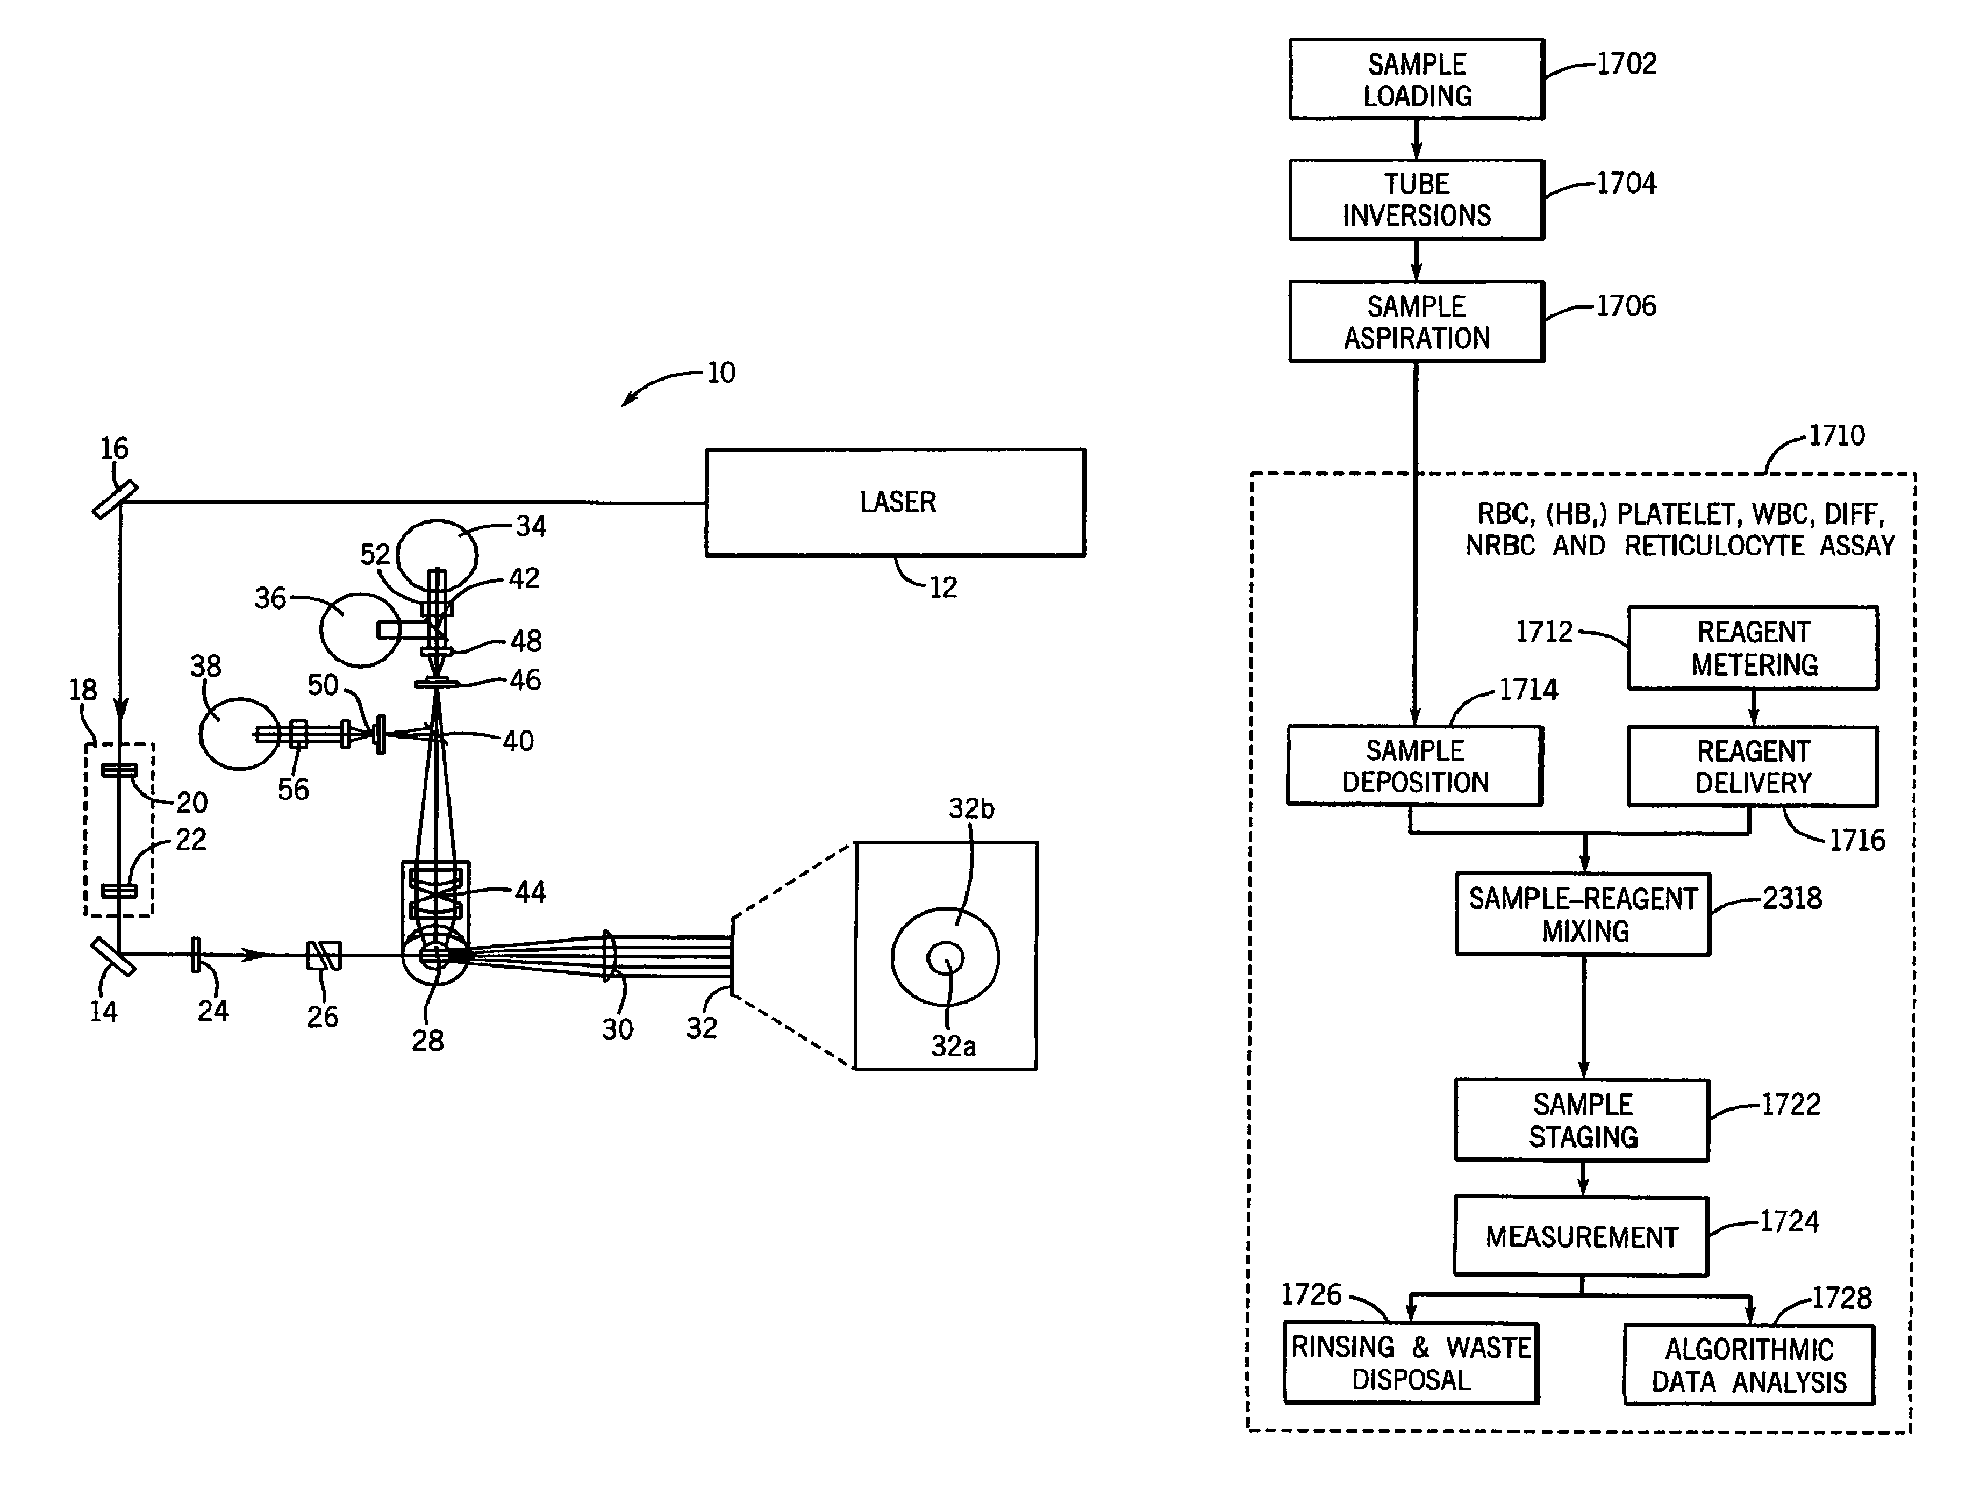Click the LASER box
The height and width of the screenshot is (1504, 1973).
pyautogui.click(x=895, y=502)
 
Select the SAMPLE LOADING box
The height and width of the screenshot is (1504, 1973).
pyautogui.click(x=1416, y=79)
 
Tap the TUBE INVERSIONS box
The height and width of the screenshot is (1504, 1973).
pyautogui.click(x=1416, y=199)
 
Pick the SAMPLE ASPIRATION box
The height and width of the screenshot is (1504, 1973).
pyautogui.click(x=1416, y=321)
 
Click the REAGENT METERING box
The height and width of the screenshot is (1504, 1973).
pyautogui.click(x=1753, y=648)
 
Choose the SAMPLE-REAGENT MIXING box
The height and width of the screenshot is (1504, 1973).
pyautogui.click(x=1583, y=914)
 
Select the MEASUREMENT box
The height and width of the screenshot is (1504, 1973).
pyautogui.click(x=1581, y=1236)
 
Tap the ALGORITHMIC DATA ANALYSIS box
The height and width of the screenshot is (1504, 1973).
pyautogui.click(x=1748, y=1365)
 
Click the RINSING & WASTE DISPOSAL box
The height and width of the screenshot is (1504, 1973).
pyautogui.click(x=1411, y=1363)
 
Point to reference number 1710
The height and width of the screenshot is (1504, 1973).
pyautogui.click(x=1836, y=436)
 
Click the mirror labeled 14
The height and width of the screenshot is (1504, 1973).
pyautogui.click(x=113, y=956)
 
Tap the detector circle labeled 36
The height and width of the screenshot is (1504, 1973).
pyautogui.click(x=359, y=629)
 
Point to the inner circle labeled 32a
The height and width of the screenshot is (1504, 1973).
pyautogui.click(x=945, y=958)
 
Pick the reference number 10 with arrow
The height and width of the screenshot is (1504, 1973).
pyautogui.click(x=720, y=373)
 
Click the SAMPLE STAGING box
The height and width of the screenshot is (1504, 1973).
pyautogui.click(x=1582, y=1120)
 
